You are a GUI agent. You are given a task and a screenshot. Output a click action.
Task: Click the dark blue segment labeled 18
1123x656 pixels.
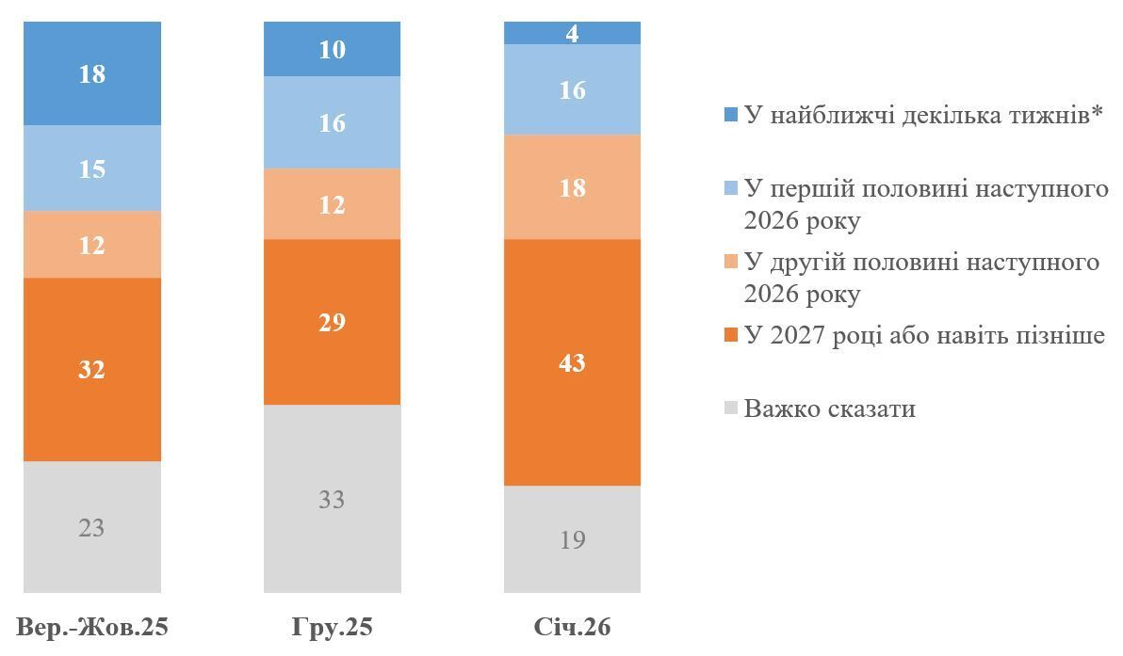(x=92, y=73)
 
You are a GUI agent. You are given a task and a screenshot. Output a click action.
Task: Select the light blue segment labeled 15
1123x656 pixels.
(x=92, y=168)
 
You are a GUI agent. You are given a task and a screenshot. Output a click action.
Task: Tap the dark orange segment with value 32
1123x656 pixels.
(x=92, y=369)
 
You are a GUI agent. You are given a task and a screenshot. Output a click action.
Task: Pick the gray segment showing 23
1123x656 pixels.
(x=92, y=527)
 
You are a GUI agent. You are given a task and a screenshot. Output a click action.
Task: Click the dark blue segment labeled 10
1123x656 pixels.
(x=332, y=49)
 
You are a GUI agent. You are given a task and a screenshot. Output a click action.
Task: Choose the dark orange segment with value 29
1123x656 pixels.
(x=332, y=322)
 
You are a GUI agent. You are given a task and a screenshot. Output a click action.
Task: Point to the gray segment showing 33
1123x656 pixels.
(x=332, y=499)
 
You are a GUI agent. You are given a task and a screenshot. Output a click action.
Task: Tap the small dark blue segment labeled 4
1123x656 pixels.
(x=572, y=34)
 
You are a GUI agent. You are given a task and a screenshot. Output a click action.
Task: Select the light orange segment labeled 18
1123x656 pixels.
(x=572, y=187)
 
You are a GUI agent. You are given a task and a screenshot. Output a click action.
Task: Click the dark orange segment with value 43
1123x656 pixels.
(x=572, y=362)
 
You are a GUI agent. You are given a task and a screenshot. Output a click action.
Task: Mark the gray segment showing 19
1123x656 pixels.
(x=572, y=539)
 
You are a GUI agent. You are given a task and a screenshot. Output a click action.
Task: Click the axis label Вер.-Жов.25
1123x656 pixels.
(x=92, y=627)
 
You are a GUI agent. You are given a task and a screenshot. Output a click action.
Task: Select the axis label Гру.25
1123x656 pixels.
(x=332, y=627)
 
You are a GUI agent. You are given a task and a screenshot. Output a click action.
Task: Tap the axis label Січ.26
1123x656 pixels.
(x=572, y=627)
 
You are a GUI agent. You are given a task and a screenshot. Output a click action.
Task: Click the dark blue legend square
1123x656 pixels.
(x=730, y=116)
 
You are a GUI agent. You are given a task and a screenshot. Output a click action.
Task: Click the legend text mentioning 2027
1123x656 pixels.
(x=923, y=336)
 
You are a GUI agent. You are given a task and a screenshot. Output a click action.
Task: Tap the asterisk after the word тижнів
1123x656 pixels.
(x=1097, y=113)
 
